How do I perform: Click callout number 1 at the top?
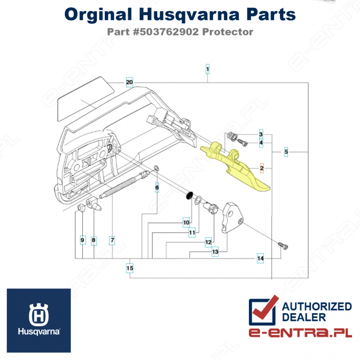click(x=207, y=69)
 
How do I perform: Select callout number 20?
click(x=130, y=82)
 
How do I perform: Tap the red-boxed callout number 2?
click(x=262, y=168)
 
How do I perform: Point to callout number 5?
click(x=286, y=152)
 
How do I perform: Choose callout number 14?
click(x=261, y=258)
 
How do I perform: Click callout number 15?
click(x=130, y=268)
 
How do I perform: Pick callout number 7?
click(x=112, y=240)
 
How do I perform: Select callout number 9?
click(x=83, y=240)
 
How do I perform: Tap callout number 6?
click(x=157, y=188)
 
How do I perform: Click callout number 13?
click(x=215, y=252)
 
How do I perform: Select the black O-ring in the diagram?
click(x=189, y=195)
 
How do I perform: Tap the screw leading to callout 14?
click(x=283, y=246)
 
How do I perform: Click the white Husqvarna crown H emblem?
click(x=39, y=314)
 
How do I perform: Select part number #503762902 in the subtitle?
click(x=166, y=32)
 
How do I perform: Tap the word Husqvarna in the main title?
click(x=189, y=15)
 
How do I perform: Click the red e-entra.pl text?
click(x=300, y=332)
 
